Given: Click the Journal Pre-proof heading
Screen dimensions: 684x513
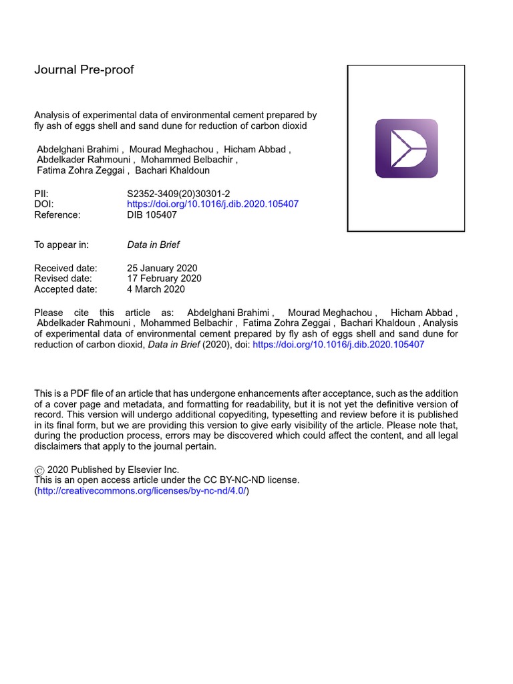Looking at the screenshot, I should [x=84, y=70].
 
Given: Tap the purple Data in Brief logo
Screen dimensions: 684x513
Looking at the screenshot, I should [x=406, y=148].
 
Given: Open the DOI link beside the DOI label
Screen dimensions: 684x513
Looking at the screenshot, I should [x=212, y=204].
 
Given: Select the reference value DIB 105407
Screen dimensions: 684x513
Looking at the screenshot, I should [x=152, y=214].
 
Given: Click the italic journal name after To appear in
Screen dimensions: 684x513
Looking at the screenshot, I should [x=153, y=244].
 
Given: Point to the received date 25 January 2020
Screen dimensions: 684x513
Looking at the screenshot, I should [x=162, y=268].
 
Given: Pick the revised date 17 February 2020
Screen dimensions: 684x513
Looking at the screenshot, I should [x=164, y=279].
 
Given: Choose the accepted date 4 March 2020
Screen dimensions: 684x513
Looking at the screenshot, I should [x=156, y=289].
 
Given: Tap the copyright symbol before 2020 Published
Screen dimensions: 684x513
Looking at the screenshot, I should [x=39, y=470].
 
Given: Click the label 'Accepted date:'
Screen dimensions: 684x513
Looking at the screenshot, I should [x=65, y=289].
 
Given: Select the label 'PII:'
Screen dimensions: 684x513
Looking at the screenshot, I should [x=41, y=193].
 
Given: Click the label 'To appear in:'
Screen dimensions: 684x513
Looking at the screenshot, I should [x=61, y=244].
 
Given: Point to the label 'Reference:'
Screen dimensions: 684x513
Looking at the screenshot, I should [x=57, y=214].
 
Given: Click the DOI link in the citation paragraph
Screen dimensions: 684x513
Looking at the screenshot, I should [x=339, y=345].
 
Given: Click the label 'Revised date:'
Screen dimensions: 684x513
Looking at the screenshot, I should [x=63, y=279].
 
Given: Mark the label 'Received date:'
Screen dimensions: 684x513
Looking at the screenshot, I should [x=65, y=268].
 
